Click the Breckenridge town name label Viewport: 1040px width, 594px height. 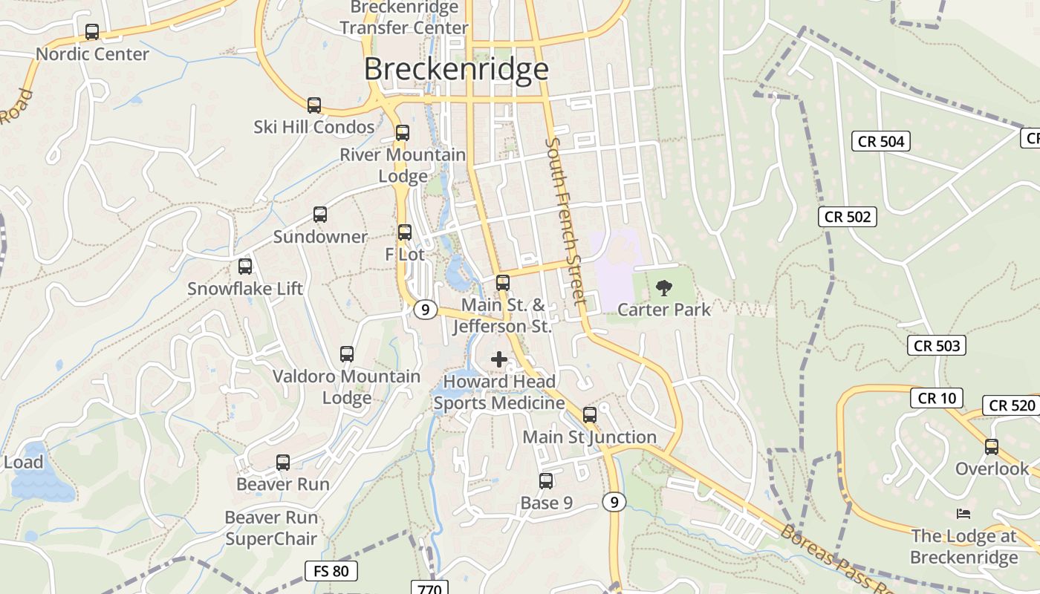[456, 69]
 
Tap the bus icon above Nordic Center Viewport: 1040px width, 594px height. [92, 32]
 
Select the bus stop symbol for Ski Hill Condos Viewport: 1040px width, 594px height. [314, 105]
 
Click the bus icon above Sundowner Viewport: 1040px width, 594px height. [320, 215]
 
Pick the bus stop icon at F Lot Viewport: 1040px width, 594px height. [405, 232]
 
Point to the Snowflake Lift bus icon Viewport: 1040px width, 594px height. [245, 267]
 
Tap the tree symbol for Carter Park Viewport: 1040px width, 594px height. [664, 287]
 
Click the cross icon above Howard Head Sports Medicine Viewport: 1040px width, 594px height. [499, 360]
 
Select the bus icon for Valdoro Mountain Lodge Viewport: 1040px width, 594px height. [347, 354]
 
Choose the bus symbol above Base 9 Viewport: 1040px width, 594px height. [546, 481]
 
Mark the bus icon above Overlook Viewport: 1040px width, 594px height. [992, 447]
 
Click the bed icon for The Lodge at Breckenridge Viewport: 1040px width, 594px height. [963, 514]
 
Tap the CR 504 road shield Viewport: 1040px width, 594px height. [881, 141]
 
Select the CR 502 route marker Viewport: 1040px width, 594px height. [848, 217]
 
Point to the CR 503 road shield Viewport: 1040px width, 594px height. [937, 345]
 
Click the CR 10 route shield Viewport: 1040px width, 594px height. [937, 398]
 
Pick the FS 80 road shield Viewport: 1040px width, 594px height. [331, 571]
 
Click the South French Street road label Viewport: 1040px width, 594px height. [566, 221]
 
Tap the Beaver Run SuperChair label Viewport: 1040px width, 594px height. [271, 528]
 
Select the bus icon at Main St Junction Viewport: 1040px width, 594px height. [590, 415]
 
